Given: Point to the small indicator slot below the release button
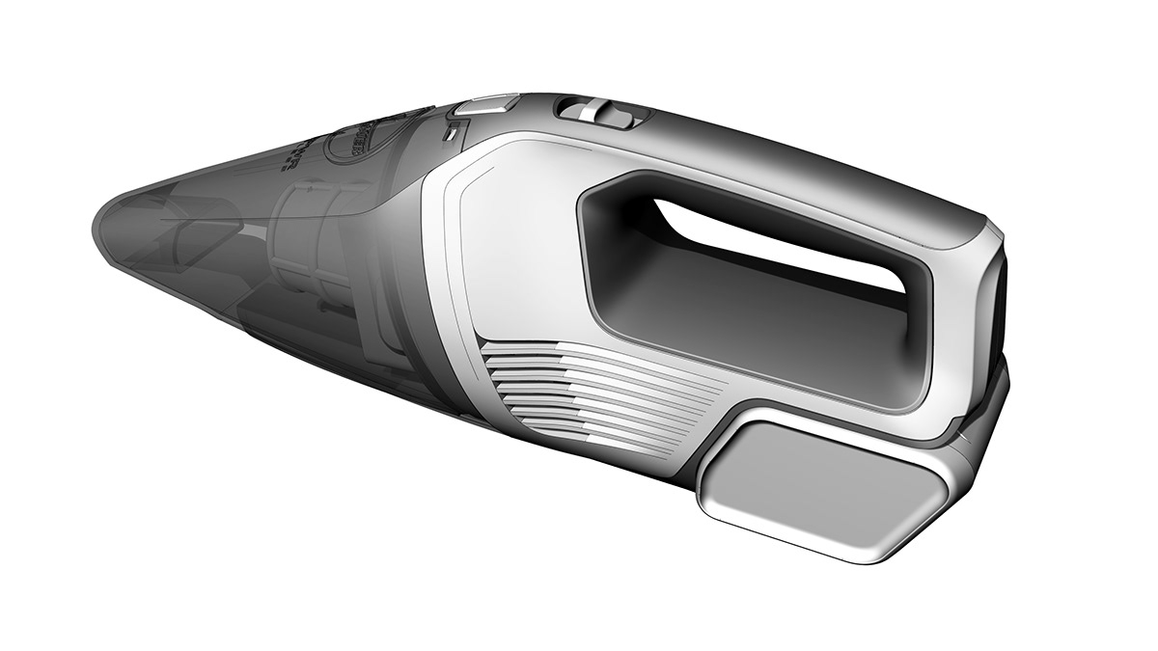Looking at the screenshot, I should click(x=451, y=134).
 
